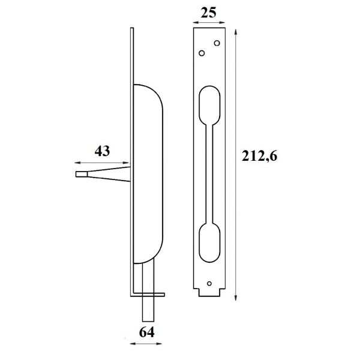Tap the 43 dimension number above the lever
103,152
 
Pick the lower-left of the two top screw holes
202,53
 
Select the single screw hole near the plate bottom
209,283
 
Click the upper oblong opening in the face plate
209,105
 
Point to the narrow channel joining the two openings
209,174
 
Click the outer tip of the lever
78,175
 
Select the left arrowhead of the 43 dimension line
76,163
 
